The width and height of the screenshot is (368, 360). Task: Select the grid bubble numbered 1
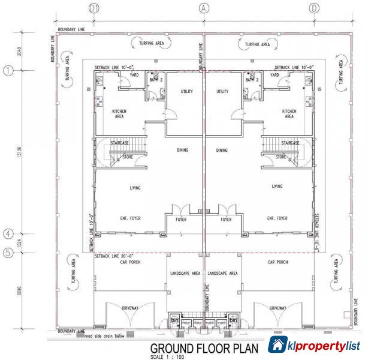[x=8, y=71]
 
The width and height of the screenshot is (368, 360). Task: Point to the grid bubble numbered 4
[x=8, y=234]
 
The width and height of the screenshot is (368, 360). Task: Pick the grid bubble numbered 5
[x=8, y=253]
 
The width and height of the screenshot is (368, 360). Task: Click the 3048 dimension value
[x=20, y=52]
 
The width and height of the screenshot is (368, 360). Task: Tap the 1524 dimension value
[x=20, y=243]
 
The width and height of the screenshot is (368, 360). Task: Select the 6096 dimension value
[x=20, y=291]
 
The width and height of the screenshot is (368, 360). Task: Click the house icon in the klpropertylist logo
[x=277, y=345]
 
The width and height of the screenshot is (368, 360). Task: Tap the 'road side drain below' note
[x=100, y=336]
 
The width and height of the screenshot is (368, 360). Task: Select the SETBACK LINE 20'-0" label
[x=115, y=256]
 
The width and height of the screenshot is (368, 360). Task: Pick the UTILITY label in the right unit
[x=222, y=91]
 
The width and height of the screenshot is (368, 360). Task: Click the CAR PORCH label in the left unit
[x=129, y=263]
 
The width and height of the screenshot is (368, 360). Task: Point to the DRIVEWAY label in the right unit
[x=277, y=308]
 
